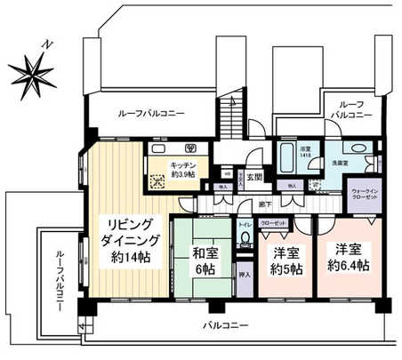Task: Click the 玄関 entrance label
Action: point(254,177)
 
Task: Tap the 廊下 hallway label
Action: point(265,204)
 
